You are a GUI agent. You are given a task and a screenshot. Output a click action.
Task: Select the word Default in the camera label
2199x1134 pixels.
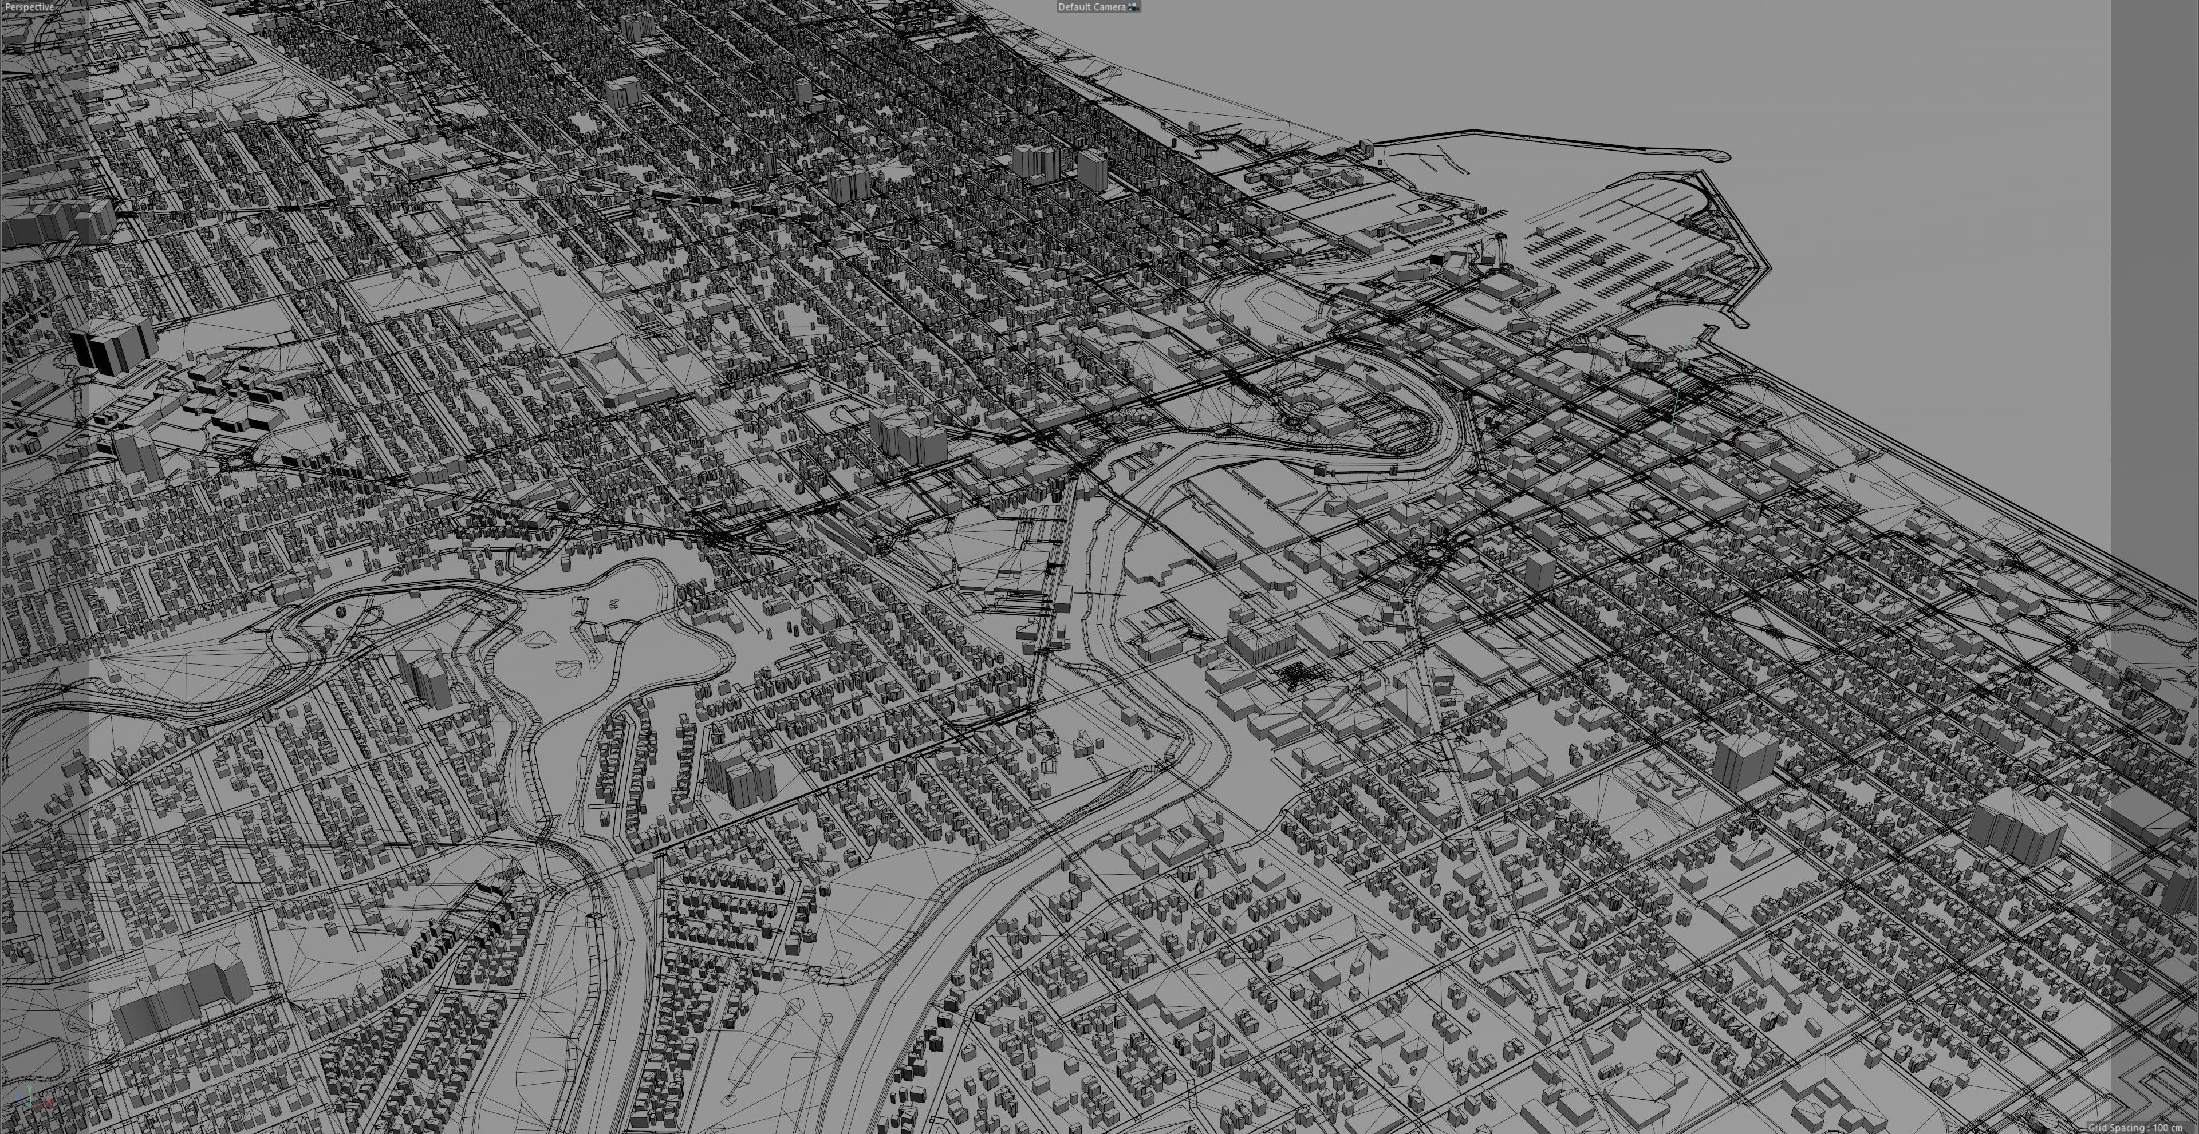[x=1074, y=7]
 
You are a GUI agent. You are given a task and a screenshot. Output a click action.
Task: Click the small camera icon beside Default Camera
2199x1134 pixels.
[x=1134, y=7]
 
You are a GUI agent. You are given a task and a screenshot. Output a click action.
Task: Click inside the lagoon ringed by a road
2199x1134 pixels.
[x=597, y=623]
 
